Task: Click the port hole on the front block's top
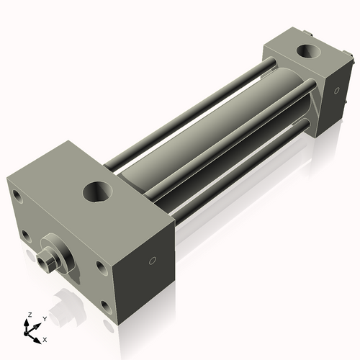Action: pos(98,192)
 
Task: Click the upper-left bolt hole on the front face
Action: pos(17,194)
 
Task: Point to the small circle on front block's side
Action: pos(153,260)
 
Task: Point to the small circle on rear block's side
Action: pos(335,91)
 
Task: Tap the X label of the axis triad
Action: pos(45,338)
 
